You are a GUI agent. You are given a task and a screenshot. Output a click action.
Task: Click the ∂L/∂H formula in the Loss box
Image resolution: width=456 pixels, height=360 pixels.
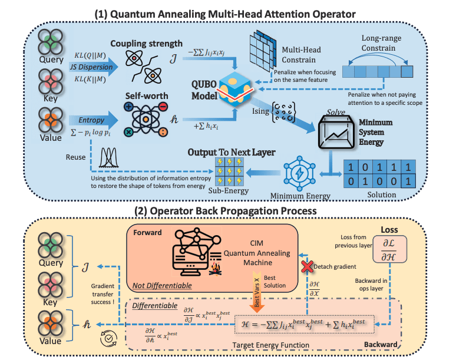click(401, 247)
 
